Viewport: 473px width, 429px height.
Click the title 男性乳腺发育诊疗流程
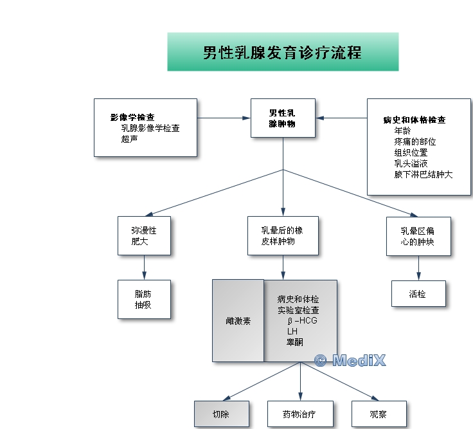point(282,52)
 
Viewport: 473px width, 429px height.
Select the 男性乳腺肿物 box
point(283,118)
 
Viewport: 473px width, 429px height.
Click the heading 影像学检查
point(132,118)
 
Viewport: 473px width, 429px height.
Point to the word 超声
point(130,138)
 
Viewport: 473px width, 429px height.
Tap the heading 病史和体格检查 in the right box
point(414,120)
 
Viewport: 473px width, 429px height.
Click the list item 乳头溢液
point(411,163)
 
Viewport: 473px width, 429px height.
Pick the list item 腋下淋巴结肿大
point(423,174)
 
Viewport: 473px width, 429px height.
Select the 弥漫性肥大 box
point(144,235)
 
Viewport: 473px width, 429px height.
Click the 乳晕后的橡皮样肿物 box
point(282,235)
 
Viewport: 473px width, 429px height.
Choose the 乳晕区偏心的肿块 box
point(418,236)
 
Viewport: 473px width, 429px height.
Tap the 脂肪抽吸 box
point(144,299)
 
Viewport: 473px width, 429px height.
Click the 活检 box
point(418,293)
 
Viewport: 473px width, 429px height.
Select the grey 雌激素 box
point(238,320)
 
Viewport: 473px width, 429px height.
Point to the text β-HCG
point(303,320)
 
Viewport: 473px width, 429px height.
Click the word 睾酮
point(295,342)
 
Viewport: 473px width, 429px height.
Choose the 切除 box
point(221,414)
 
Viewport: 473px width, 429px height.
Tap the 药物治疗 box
point(300,414)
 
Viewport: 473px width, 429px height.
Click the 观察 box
point(379,414)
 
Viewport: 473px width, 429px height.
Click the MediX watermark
point(350,360)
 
